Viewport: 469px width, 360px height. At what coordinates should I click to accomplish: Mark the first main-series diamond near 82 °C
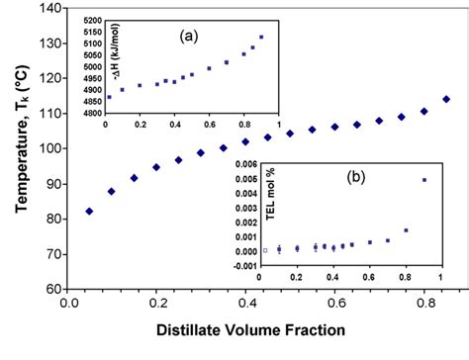(x=90, y=211)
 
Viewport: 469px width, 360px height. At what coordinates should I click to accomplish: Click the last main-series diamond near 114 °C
(x=445, y=99)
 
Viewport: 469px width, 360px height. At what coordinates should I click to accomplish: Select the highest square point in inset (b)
(x=424, y=180)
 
